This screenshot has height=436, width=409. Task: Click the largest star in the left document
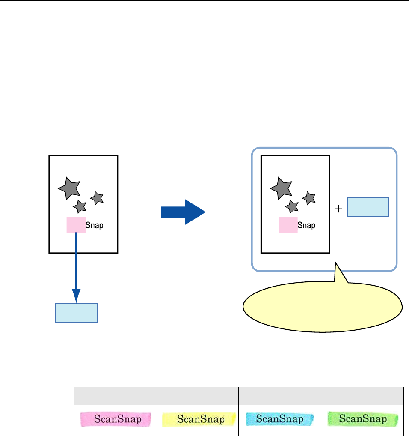click(x=69, y=188)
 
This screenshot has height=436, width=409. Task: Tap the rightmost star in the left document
click(x=98, y=197)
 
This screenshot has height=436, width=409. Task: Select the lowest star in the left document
click(x=80, y=206)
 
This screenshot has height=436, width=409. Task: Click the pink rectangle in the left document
click(x=76, y=225)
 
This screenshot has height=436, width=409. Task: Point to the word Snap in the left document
click(x=95, y=225)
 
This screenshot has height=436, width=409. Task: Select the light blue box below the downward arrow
click(x=76, y=313)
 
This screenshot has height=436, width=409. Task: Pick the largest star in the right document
click(x=281, y=188)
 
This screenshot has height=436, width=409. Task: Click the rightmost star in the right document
click(x=309, y=198)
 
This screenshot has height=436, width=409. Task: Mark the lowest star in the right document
click(x=292, y=206)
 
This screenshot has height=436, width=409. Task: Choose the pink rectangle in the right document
click(x=287, y=225)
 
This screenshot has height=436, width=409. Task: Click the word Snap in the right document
click(x=306, y=225)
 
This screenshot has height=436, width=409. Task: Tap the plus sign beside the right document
click(x=338, y=209)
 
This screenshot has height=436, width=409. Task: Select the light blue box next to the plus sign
click(x=368, y=207)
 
